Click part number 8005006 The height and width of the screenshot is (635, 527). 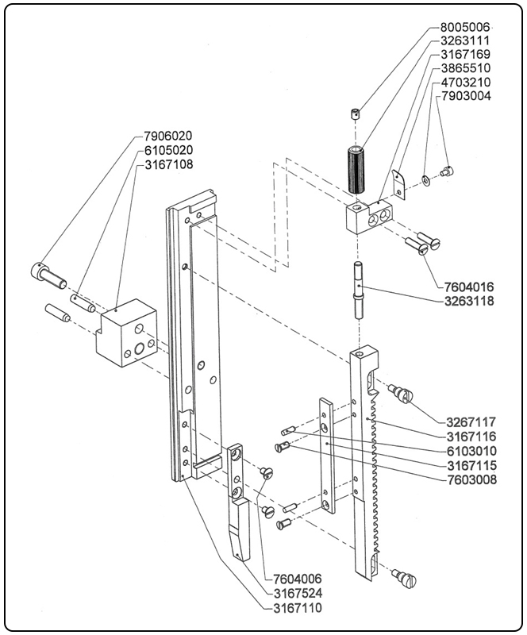pyautogui.click(x=465, y=25)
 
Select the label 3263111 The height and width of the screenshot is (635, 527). pyautogui.click(x=465, y=40)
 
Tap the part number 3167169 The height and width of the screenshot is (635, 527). pyautogui.click(x=465, y=54)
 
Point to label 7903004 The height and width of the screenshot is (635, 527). pyautogui.click(x=465, y=96)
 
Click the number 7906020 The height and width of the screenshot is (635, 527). pyautogui.click(x=168, y=136)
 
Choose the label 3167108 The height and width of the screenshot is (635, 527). pyautogui.click(x=168, y=164)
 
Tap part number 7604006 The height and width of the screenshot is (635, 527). pyautogui.click(x=297, y=579)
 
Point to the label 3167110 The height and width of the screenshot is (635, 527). pyautogui.click(x=297, y=607)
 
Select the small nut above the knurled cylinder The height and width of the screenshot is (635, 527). pyautogui.click(x=356, y=114)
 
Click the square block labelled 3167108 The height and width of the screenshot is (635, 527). pyautogui.click(x=127, y=333)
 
